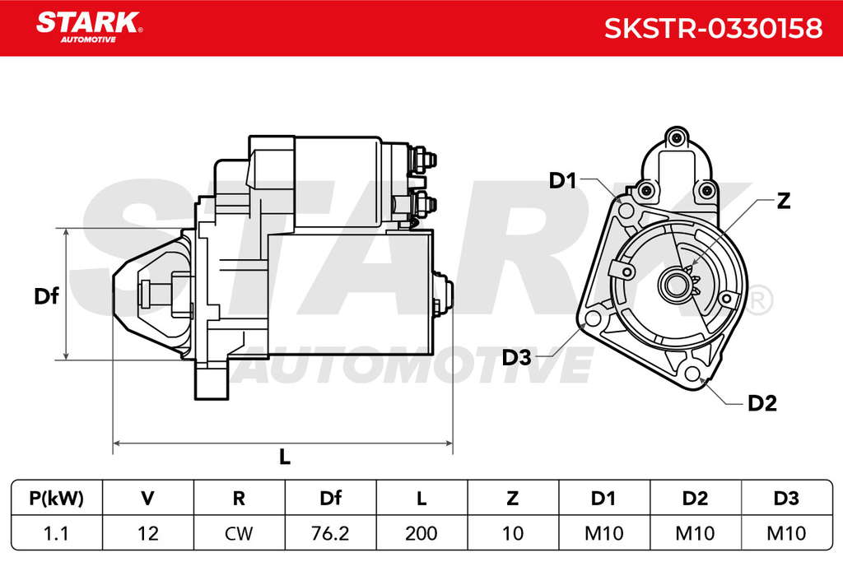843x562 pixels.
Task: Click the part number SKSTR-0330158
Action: tap(713, 28)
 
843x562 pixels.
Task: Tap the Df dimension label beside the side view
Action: tap(46, 296)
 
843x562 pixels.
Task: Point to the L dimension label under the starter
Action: tap(284, 457)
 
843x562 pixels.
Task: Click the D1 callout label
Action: tap(562, 180)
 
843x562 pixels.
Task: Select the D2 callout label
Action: tap(762, 403)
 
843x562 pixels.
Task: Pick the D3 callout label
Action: tap(516, 357)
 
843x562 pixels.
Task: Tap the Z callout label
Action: tap(784, 201)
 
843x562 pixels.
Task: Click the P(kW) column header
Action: tap(57, 498)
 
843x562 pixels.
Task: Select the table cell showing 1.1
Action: tap(56, 533)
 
